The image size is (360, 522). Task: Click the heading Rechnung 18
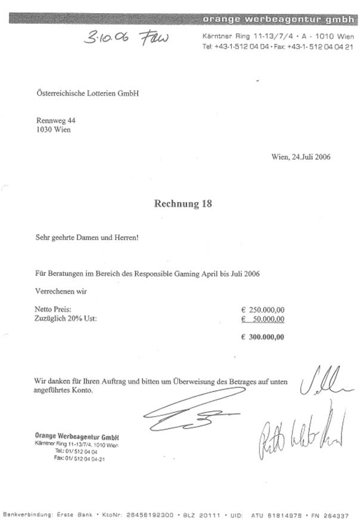tap(183, 204)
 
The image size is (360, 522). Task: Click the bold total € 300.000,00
tap(263, 337)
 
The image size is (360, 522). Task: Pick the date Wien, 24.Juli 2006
tap(301, 157)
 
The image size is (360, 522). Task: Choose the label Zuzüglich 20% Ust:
tap(66, 319)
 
